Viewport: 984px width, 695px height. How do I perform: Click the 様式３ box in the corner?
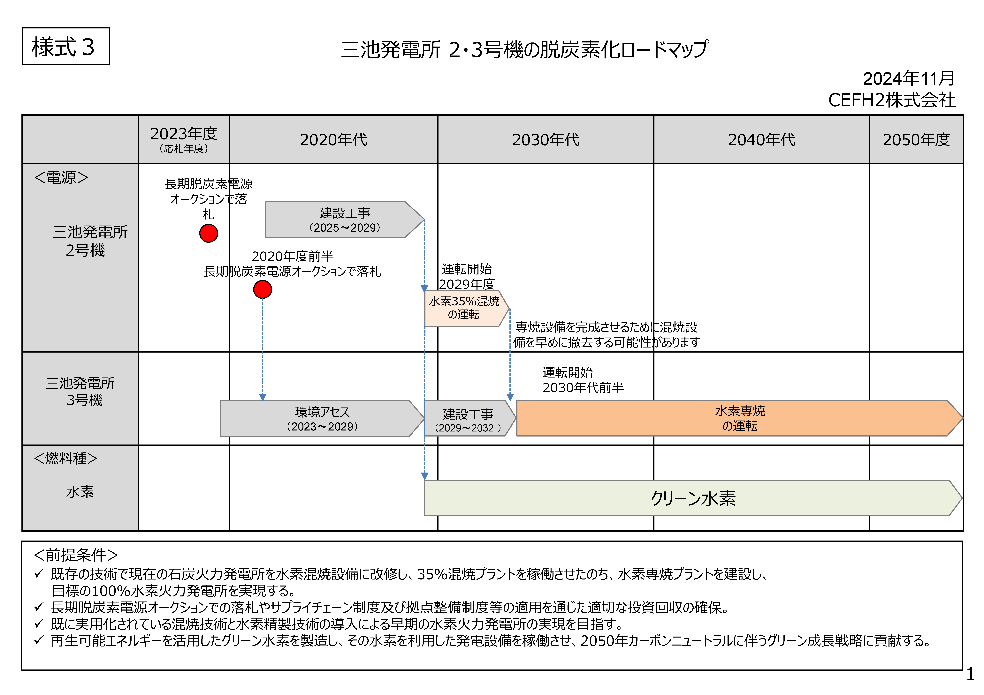pos(66,46)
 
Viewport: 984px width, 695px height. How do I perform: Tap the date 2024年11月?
pos(909,78)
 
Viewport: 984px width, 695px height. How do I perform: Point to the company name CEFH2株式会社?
pos(891,100)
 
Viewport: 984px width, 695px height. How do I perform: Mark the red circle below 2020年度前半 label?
pos(262,289)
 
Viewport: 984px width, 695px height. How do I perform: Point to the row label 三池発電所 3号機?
pos(81,391)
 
